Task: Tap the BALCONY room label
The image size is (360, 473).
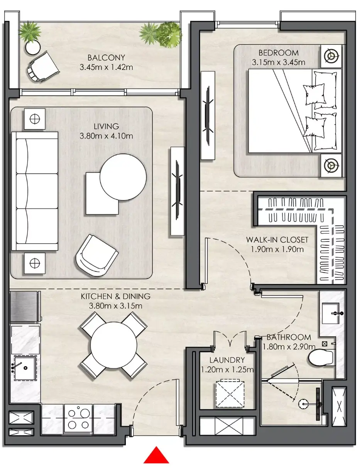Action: click(x=106, y=58)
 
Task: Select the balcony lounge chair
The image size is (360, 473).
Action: click(x=43, y=66)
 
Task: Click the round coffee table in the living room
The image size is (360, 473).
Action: click(x=123, y=177)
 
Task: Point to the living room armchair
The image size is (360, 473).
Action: click(x=96, y=255)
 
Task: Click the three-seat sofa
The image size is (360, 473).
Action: click(x=35, y=191)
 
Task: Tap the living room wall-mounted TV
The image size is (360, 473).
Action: click(x=177, y=190)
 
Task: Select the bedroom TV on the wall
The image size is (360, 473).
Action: click(x=208, y=115)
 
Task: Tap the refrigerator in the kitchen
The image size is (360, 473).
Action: click(x=25, y=306)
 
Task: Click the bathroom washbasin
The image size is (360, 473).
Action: click(x=331, y=313)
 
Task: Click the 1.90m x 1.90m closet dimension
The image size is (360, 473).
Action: click(x=277, y=249)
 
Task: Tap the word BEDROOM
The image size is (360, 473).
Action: click(x=279, y=53)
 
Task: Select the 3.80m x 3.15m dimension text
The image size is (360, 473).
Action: click(x=116, y=306)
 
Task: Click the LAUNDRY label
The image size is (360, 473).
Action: click(x=227, y=360)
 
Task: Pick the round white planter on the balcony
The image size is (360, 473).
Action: click(x=33, y=48)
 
